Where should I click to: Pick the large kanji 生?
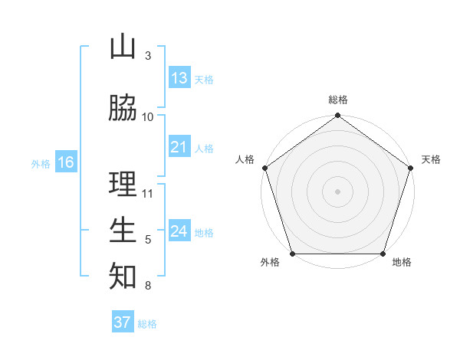click(123, 230)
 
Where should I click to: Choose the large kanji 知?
click(123, 276)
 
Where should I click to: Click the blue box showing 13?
click(179, 78)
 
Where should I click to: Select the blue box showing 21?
click(179, 147)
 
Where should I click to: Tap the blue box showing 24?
click(179, 231)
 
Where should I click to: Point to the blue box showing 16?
click(66, 162)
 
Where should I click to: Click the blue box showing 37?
click(123, 322)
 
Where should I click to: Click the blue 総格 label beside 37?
click(147, 324)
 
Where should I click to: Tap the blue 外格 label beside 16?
click(40, 163)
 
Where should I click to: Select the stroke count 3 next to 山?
click(147, 56)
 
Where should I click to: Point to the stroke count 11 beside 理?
click(148, 192)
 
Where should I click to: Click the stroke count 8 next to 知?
click(147, 286)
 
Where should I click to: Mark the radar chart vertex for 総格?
click(337, 116)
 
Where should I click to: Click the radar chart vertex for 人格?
click(265, 168)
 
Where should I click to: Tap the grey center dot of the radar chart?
click(337, 191)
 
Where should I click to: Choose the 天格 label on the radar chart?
click(431, 159)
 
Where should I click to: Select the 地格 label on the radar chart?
click(402, 262)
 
